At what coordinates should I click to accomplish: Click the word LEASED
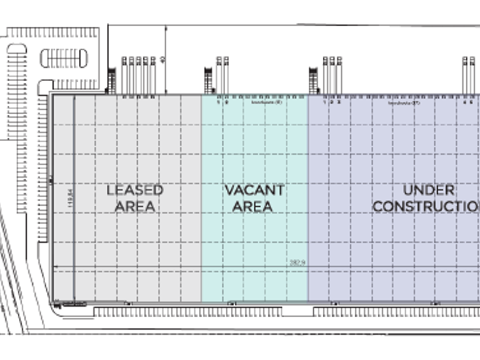coord(135,190)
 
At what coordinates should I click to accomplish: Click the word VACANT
coord(254,190)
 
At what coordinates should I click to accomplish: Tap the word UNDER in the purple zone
coord(429,190)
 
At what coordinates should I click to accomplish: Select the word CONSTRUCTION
coord(426,206)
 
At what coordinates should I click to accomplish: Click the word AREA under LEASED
coord(135,206)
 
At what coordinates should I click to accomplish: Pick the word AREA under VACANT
coord(253,206)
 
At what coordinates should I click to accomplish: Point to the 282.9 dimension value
coord(297,263)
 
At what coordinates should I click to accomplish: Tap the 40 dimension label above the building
coord(162,59)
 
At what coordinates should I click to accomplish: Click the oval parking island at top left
coord(63,58)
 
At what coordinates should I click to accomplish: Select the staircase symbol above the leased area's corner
coord(111,81)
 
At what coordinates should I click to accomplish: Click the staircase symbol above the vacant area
coord(209,81)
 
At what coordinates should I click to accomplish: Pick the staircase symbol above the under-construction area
coord(314,81)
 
